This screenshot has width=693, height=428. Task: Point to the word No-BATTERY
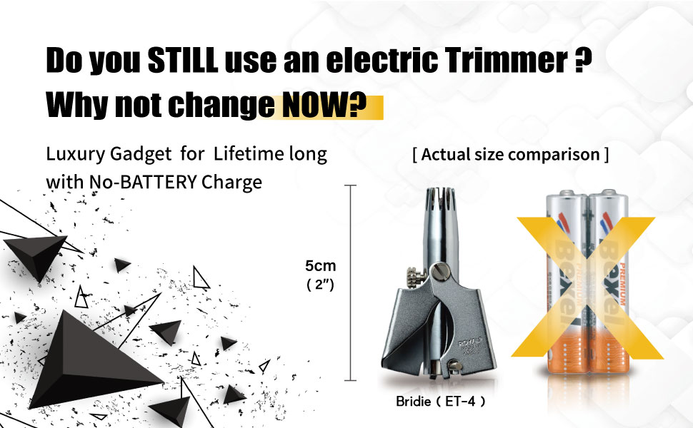146,182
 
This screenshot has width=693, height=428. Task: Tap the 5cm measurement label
320,266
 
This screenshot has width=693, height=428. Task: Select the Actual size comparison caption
511,154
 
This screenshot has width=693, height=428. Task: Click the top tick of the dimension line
350,185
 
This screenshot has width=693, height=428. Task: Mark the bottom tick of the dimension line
350,381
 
